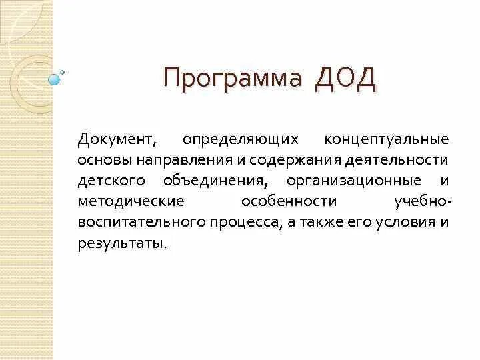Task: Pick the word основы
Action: point(116,161)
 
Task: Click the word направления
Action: point(182,161)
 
